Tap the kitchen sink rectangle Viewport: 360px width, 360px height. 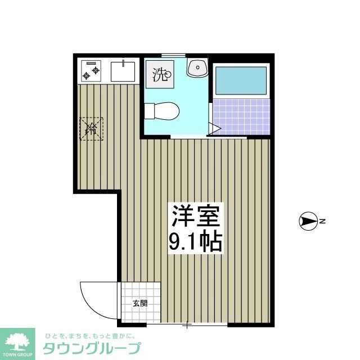(123, 71)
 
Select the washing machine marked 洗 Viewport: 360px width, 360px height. (161, 74)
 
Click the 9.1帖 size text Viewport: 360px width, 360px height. (195, 241)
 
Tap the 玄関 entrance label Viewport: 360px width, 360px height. (140, 303)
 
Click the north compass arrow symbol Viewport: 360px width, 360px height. (308, 222)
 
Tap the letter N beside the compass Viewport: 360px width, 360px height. (323, 222)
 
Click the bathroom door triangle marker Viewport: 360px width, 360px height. (214, 128)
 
